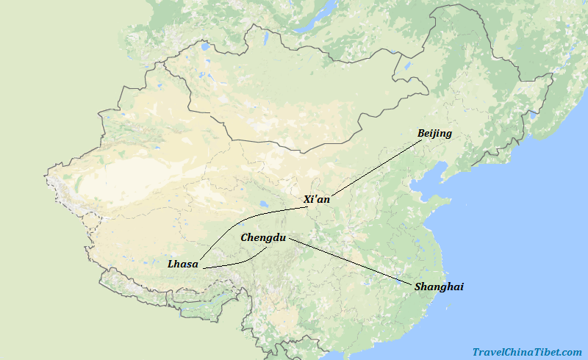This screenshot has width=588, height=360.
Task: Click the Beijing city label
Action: pos(434,134)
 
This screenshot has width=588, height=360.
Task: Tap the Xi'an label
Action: pos(317,199)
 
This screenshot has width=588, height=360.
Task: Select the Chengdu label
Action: pos(263,238)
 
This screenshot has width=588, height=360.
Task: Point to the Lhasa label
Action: pos(183,264)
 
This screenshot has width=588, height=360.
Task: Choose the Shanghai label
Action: pos(439,287)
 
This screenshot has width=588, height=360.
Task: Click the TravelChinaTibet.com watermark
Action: pos(527,352)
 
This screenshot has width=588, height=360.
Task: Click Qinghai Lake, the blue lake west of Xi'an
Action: pos(262,205)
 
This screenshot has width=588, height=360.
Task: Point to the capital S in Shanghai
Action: pos(417,287)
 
